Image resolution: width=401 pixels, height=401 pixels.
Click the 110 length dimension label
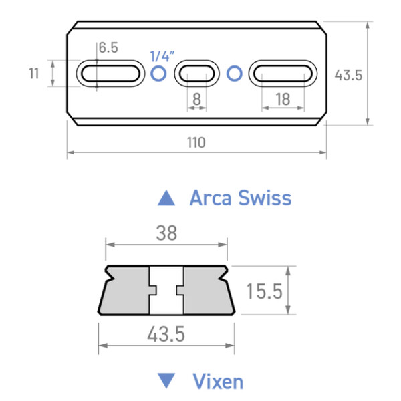click(196, 142)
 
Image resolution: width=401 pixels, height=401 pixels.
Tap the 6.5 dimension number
click(108, 48)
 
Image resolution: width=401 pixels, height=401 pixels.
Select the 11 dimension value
click(34, 74)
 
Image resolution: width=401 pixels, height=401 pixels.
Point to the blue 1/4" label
click(160, 55)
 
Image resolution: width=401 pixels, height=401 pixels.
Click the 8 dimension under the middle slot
click(196, 99)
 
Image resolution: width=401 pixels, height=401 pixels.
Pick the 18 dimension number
click(282, 99)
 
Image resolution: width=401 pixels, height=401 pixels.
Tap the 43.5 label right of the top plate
click(348, 75)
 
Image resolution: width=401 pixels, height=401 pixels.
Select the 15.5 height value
click(262, 291)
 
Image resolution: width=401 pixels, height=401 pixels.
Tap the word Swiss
click(267, 198)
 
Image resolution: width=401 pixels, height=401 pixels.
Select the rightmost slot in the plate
click(283, 74)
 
